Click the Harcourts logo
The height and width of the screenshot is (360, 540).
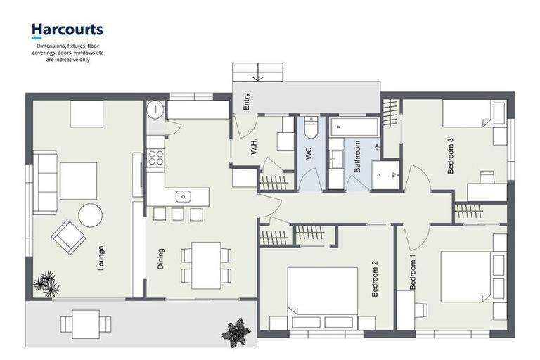tap(67, 30)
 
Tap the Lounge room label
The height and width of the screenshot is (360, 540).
tap(102, 257)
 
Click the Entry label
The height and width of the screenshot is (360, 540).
tap(247, 103)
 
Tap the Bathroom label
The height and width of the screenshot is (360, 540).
tap(357, 156)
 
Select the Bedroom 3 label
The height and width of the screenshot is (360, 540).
tap(450, 155)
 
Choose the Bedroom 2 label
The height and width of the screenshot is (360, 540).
tap(375, 278)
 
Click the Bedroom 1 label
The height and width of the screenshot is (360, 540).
tap(413, 275)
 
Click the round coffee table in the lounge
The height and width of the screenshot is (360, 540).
tap(90, 215)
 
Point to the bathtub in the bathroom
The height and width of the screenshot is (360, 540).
tap(354, 127)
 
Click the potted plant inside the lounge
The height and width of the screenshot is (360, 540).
tap(47, 283)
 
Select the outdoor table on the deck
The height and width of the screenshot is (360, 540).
tap(86, 324)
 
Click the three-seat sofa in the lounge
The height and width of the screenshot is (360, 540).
tap(46, 182)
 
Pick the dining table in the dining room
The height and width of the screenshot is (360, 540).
tap(206, 264)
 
